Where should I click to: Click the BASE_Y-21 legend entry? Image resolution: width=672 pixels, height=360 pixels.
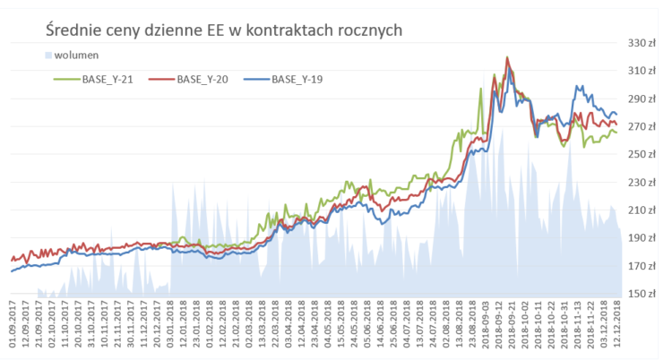tap(107, 79)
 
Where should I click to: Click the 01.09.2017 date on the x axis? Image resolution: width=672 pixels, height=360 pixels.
tap(13, 327)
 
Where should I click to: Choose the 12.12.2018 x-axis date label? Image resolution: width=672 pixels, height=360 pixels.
tap(618, 327)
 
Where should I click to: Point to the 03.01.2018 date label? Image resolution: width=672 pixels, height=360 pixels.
tap(169, 327)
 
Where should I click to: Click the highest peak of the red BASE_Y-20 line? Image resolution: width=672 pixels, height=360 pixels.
tap(508, 58)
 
